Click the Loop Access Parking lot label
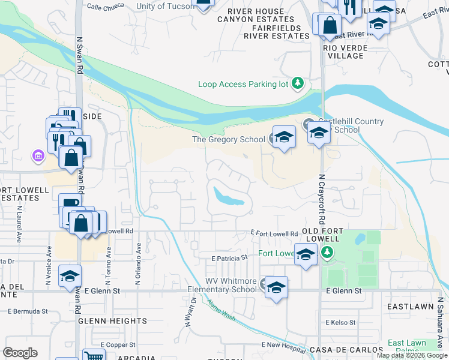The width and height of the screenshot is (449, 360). tap(243, 85)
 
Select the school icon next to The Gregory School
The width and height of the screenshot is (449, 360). tap(284, 137)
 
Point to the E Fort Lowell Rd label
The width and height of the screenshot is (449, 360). tap(274, 233)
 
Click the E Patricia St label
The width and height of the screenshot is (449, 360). tap(229, 257)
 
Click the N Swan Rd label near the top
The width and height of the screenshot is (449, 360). tap(79, 54)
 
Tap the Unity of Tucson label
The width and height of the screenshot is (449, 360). tap(165, 6)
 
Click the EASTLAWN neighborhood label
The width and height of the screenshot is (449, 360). tap(410, 306)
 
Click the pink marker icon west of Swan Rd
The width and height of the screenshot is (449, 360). tap(38, 156)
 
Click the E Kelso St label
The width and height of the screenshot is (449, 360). tap(340, 322)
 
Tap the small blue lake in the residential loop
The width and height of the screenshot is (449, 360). tap(228, 195)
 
